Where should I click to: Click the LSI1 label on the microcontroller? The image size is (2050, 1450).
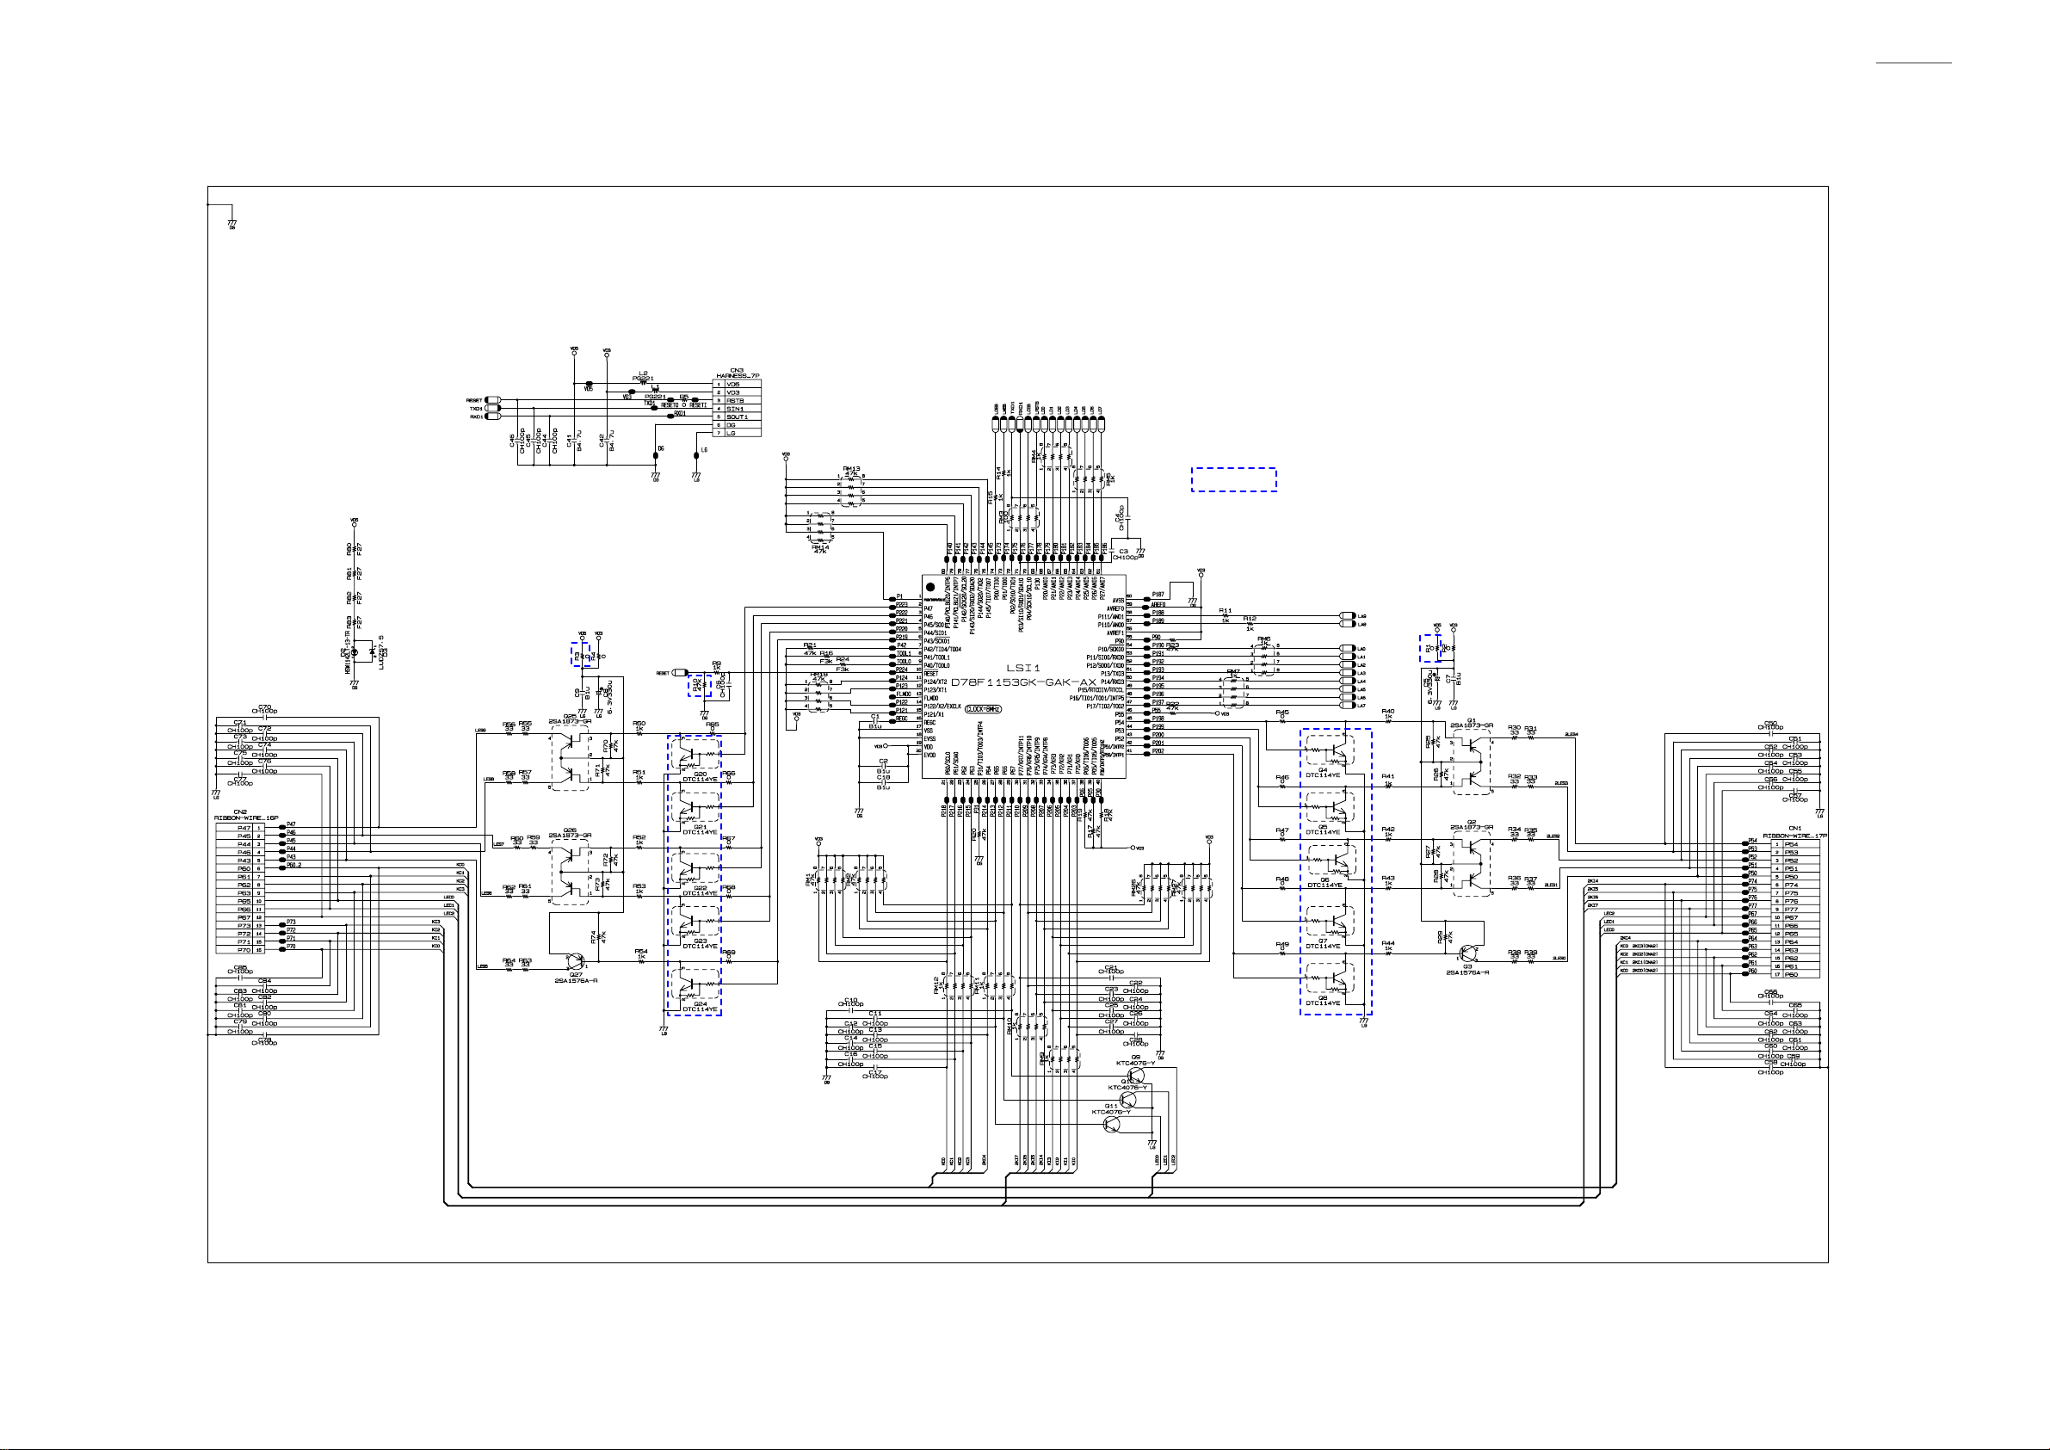point(1023,668)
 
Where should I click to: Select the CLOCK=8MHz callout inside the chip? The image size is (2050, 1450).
point(983,709)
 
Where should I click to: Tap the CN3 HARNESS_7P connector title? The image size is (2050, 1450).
point(737,373)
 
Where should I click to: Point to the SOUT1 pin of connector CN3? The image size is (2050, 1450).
point(737,417)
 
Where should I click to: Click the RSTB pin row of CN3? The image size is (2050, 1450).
point(736,401)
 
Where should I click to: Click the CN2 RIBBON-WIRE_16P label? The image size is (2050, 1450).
point(245,815)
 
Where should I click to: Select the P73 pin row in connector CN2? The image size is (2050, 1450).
point(244,926)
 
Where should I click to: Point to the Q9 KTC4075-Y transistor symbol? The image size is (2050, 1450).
point(1137,1075)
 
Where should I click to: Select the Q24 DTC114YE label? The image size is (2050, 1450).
point(700,1006)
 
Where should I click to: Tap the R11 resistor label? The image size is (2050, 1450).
point(1225,611)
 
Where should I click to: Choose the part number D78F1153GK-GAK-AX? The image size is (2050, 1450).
point(1023,682)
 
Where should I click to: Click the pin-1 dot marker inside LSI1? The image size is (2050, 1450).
point(929,587)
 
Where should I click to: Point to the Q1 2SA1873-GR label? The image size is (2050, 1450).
point(1471,723)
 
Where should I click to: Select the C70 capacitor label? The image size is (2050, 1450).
point(264,709)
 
